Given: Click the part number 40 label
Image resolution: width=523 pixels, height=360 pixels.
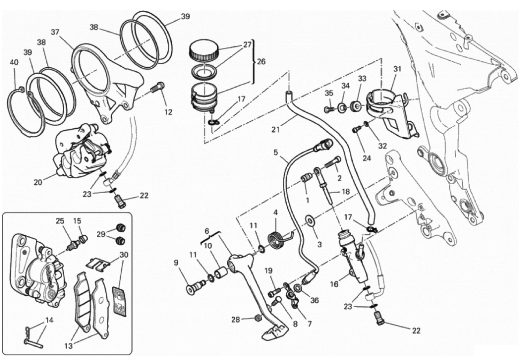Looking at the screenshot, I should (14, 63).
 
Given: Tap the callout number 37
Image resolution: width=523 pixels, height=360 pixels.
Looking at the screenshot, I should (55, 32).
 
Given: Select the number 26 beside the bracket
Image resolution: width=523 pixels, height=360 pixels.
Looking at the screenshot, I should (261, 61).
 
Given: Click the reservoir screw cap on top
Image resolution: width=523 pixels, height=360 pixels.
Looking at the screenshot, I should (204, 50).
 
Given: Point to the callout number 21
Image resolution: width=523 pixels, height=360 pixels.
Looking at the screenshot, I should (276, 129).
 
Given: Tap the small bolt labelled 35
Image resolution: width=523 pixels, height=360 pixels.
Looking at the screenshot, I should (328, 109).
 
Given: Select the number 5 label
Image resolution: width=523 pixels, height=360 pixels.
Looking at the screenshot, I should (276, 152).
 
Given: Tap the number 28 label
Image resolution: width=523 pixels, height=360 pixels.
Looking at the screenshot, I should (236, 320).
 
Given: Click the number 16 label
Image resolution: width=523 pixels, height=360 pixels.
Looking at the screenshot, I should (334, 284).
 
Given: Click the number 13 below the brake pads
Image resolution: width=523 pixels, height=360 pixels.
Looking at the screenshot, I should (68, 346).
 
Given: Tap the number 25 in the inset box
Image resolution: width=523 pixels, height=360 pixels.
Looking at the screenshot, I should (60, 221).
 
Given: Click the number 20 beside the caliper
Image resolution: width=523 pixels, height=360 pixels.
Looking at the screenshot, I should (38, 182).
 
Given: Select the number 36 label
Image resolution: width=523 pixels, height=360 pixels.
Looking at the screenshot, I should (314, 300).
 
